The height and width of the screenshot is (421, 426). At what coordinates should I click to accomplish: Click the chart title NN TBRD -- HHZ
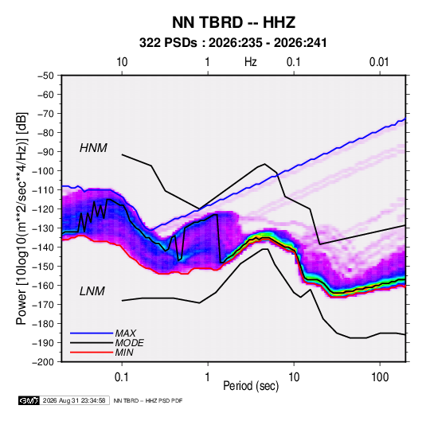[233, 22]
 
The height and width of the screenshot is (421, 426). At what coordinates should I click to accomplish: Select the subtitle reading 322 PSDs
[168, 43]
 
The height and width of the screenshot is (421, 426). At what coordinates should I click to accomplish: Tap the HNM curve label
[93, 148]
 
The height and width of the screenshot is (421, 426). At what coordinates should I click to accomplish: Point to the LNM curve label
[92, 291]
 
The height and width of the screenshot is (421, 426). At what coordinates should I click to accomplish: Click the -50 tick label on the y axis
[45, 76]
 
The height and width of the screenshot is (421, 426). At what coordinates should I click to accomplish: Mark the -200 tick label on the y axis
[43, 362]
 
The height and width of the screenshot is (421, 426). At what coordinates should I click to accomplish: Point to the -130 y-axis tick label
[43, 228]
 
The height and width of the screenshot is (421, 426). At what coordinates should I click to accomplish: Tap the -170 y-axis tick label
[43, 305]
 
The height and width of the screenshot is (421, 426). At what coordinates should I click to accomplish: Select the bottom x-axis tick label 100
[380, 377]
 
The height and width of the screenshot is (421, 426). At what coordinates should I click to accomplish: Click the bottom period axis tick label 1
[208, 377]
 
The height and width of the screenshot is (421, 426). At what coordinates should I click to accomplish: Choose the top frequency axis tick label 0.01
[379, 62]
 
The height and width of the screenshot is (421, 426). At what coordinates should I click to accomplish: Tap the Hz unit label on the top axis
[251, 62]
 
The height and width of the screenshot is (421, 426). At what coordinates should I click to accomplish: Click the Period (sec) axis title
[251, 386]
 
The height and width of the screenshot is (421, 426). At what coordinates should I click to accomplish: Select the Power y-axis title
[21, 219]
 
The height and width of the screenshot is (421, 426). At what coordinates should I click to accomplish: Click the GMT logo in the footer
[29, 400]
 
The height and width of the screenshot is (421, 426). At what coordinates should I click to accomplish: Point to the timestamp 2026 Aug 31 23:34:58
[74, 400]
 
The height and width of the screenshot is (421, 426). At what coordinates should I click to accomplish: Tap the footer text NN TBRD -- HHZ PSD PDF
[148, 400]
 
